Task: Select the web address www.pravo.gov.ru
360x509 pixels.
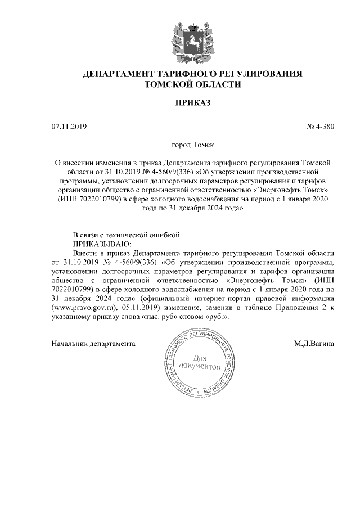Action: point(83,308)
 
